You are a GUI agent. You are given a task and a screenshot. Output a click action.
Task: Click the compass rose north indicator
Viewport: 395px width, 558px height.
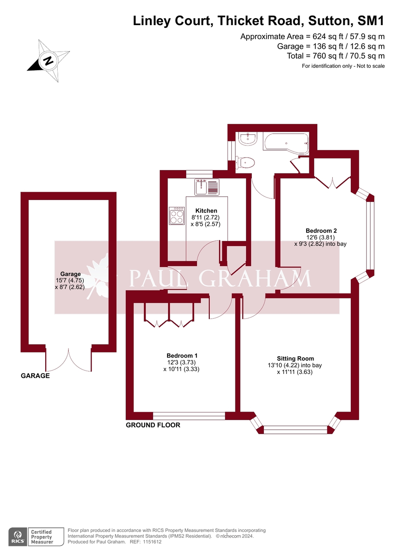pos(47,60)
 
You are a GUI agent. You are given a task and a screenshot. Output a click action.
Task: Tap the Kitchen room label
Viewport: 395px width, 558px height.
pos(206,211)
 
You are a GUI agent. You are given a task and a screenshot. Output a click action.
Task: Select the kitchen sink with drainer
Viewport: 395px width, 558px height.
pos(207,187)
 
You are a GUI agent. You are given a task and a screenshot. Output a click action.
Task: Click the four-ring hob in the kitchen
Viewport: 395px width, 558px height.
pos(177,216)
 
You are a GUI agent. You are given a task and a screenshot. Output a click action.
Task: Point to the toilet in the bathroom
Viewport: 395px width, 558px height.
pos(246,163)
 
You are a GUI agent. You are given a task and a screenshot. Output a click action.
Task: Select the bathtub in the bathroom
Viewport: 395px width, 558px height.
pos(285,142)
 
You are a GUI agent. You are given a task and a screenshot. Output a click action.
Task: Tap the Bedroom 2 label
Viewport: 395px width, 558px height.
pos(321,231)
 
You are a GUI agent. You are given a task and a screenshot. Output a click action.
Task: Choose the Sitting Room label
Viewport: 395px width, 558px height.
pos(295,359)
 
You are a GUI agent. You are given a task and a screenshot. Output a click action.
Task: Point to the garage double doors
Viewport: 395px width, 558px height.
pos(68,360)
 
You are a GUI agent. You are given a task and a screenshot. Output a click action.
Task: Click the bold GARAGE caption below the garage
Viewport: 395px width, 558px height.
pos(35,376)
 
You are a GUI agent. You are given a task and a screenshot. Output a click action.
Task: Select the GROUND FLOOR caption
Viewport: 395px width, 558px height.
pos(153,425)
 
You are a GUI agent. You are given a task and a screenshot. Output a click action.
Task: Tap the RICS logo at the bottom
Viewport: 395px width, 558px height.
pos(18,536)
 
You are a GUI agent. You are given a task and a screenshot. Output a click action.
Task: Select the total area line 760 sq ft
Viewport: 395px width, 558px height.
pos(335,56)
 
